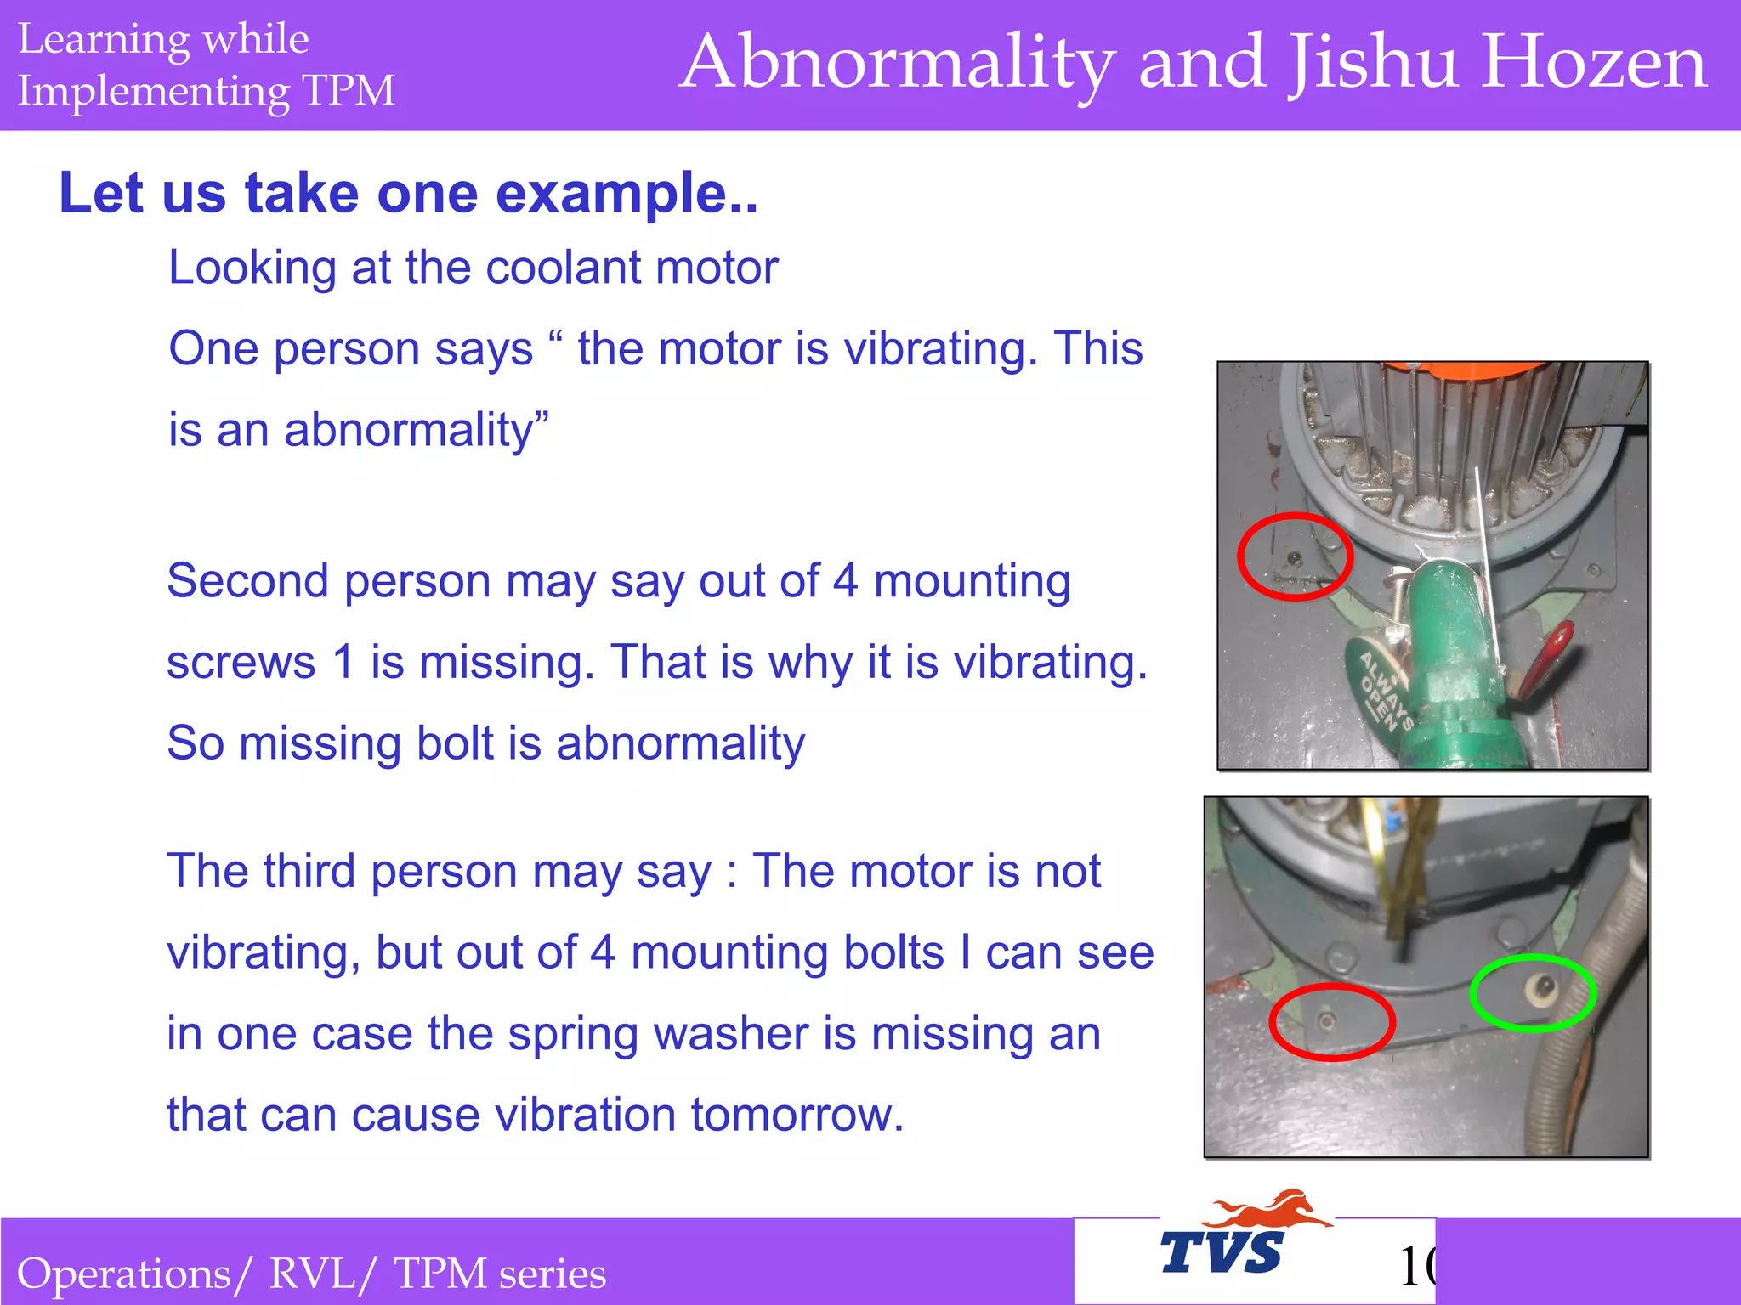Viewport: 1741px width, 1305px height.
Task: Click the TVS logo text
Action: tap(1222, 1252)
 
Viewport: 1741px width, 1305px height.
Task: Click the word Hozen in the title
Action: tap(1593, 62)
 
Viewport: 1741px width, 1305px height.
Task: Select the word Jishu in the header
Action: tap(1372, 62)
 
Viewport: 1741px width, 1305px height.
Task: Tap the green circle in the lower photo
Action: tap(1533, 992)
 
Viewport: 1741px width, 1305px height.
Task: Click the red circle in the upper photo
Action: tap(1294, 556)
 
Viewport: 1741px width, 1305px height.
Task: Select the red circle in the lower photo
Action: tap(1331, 1022)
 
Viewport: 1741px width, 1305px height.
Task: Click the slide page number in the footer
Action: tap(1416, 1267)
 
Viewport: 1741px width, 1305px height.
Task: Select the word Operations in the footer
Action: tap(124, 1274)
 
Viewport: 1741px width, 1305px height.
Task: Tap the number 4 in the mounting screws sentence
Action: tap(845, 582)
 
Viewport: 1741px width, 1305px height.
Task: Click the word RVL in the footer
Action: tap(312, 1274)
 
